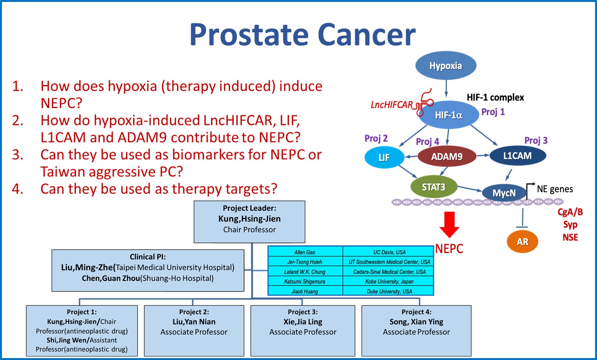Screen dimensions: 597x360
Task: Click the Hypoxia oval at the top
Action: coord(446,65)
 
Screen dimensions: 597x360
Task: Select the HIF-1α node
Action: coord(449,115)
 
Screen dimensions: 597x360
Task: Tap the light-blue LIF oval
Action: coord(384,157)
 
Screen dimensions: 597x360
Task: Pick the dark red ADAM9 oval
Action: coord(447,156)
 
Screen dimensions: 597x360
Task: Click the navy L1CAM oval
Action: coord(518,155)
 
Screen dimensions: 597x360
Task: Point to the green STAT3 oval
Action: coord(434,187)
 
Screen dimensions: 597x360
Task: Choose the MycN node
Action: coord(504,193)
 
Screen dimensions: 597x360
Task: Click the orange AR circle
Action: coord(522,241)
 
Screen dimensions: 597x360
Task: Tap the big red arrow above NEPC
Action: coord(449,224)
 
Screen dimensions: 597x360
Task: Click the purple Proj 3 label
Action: coord(536,140)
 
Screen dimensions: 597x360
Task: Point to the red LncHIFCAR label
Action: coord(392,105)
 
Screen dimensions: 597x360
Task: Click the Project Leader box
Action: coord(249,222)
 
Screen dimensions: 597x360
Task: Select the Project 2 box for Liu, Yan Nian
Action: coord(194,331)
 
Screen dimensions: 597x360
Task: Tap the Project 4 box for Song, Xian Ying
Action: coord(416,331)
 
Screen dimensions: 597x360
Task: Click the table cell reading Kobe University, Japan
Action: coord(389,281)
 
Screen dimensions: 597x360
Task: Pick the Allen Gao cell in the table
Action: coord(305,252)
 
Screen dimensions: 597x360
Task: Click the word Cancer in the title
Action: coord(367,35)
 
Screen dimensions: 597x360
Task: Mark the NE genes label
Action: coord(555,189)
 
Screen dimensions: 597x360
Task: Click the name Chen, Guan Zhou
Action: coord(111,278)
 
